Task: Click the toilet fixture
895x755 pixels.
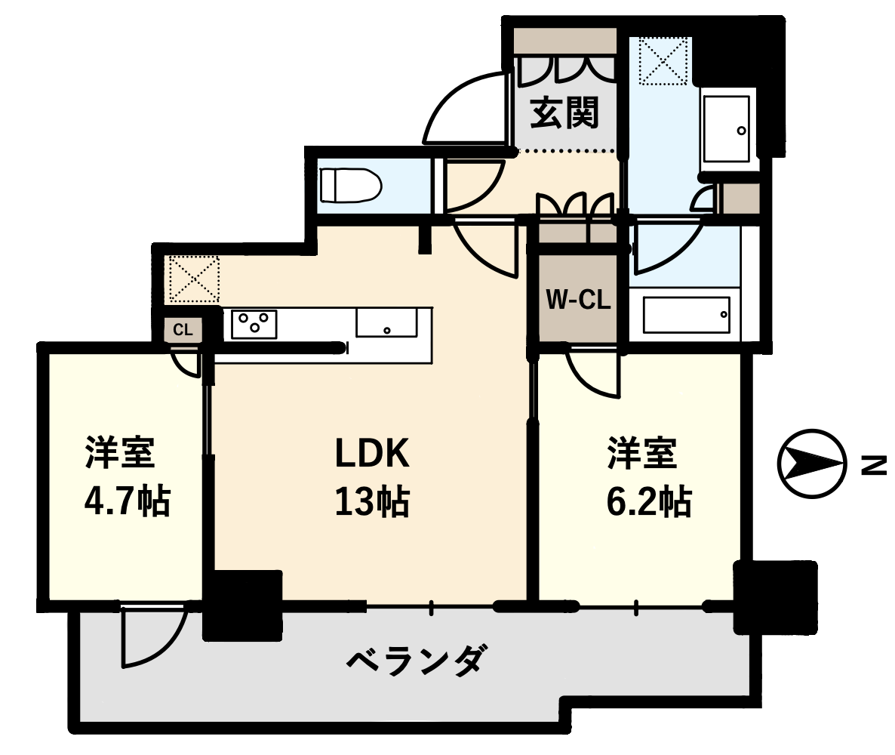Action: (350, 185)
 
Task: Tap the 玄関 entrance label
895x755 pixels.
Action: (564, 113)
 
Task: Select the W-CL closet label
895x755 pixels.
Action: (578, 299)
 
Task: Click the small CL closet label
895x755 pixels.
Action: (183, 329)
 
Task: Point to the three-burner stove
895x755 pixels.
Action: (254, 324)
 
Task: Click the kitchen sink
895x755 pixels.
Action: (386, 322)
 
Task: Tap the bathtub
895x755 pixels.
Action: (686, 315)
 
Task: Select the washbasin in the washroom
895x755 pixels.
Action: (726, 129)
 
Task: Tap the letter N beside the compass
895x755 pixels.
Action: (874, 465)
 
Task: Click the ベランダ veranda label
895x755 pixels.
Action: (417, 660)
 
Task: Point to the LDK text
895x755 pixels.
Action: (371, 454)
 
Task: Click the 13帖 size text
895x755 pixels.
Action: (371, 502)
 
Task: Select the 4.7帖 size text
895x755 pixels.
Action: (127, 502)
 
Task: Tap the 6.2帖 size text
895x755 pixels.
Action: (649, 502)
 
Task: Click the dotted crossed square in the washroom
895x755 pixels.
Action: (664, 60)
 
